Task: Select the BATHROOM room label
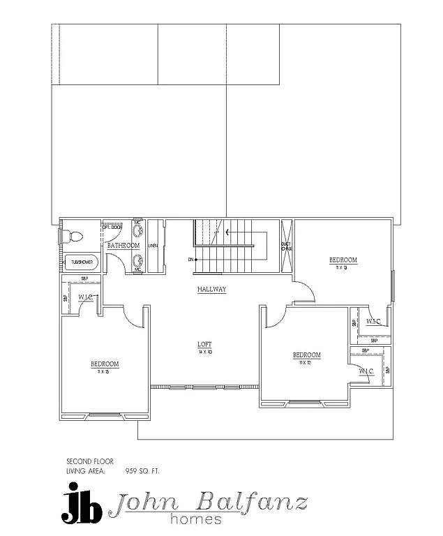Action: (x=123, y=246)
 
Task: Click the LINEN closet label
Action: (x=153, y=246)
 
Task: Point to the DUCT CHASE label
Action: (x=286, y=246)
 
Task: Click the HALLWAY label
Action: (x=211, y=289)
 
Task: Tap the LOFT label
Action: (x=204, y=344)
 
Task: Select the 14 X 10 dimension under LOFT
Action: (x=204, y=352)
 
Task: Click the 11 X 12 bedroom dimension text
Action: (x=306, y=363)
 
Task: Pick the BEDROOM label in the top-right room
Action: (x=343, y=260)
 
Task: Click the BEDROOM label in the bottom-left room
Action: (x=104, y=364)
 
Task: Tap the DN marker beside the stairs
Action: (x=190, y=260)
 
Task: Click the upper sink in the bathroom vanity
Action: (x=138, y=231)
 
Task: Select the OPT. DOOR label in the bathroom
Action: (x=113, y=228)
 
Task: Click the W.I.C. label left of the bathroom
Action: (x=86, y=297)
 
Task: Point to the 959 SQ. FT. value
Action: (x=142, y=471)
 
